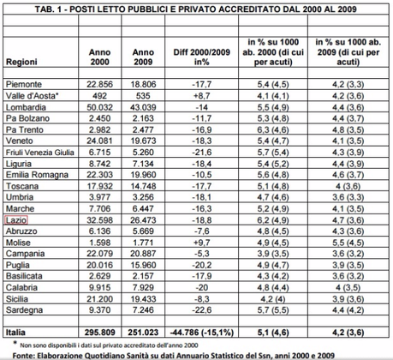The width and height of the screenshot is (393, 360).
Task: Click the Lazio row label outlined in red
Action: [x=18, y=221]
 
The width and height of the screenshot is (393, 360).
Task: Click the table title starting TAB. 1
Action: [x=196, y=8]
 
